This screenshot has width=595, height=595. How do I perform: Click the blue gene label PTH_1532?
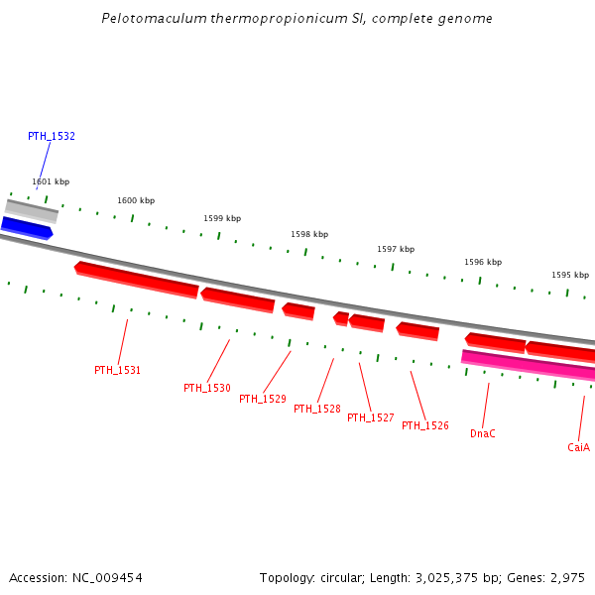point(52,136)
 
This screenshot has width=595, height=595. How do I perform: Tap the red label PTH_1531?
point(118,370)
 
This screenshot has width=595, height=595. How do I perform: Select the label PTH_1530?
point(207,388)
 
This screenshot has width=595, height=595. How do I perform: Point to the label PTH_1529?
point(263,399)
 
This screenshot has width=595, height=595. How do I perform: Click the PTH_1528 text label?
point(317,409)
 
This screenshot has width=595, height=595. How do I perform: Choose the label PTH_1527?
point(371,417)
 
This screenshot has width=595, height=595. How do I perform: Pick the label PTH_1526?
point(425,425)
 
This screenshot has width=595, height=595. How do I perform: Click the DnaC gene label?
point(483,433)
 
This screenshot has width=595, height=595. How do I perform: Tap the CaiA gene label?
point(579,447)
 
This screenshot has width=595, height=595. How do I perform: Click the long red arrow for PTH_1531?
point(137,279)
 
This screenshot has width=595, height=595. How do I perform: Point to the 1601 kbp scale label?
point(51,181)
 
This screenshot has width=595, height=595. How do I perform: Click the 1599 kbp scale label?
point(222,218)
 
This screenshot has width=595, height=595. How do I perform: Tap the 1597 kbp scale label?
point(396,249)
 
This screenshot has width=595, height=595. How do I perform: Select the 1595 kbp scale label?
point(570,275)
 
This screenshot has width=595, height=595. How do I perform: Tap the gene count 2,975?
point(568,577)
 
